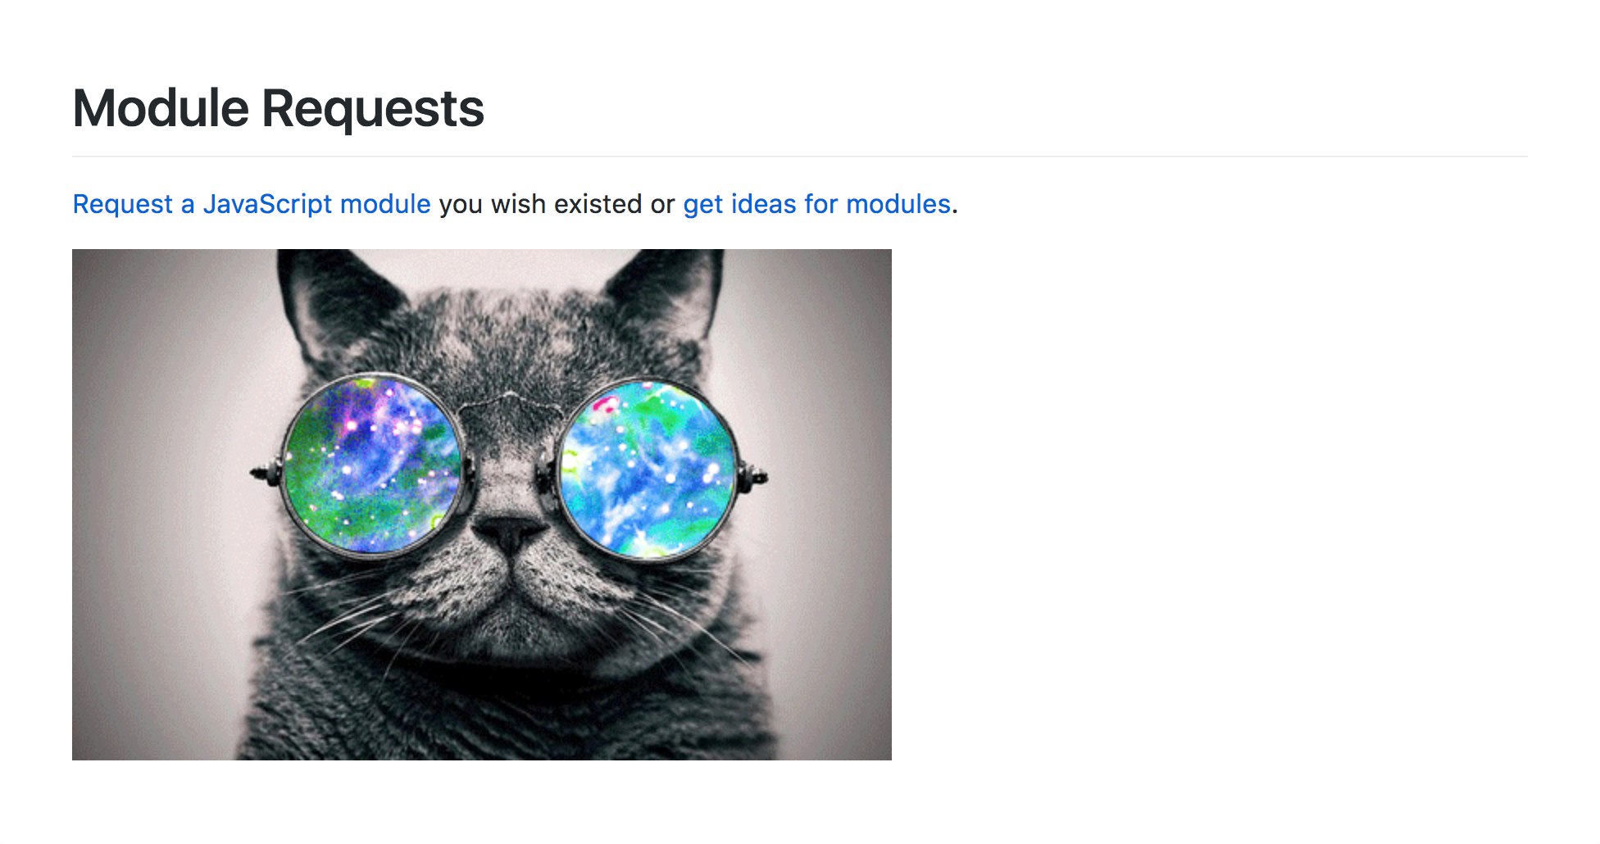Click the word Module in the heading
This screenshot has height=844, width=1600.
coord(161,108)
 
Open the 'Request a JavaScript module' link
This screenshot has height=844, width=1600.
coord(252,204)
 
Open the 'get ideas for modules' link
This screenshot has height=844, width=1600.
coord(816,204)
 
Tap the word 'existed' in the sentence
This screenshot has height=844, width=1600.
coord(598,204)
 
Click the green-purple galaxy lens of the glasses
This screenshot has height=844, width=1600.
coord(371,465)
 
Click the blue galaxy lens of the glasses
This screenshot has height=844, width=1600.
coord(648,470)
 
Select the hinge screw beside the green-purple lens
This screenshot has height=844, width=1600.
coord(265,473)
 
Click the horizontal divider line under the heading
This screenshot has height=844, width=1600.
coord(800,156)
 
